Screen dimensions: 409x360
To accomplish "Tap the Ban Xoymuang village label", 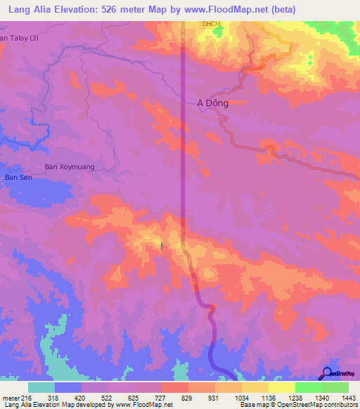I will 70,167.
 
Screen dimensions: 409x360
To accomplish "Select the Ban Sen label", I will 16,178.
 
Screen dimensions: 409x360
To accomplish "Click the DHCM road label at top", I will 210,24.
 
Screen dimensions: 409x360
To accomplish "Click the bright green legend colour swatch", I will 308,388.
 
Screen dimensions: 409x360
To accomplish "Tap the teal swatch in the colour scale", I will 41,388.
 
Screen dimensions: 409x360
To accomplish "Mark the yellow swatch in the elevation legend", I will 281,388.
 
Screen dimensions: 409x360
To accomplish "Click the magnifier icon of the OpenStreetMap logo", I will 327,373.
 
